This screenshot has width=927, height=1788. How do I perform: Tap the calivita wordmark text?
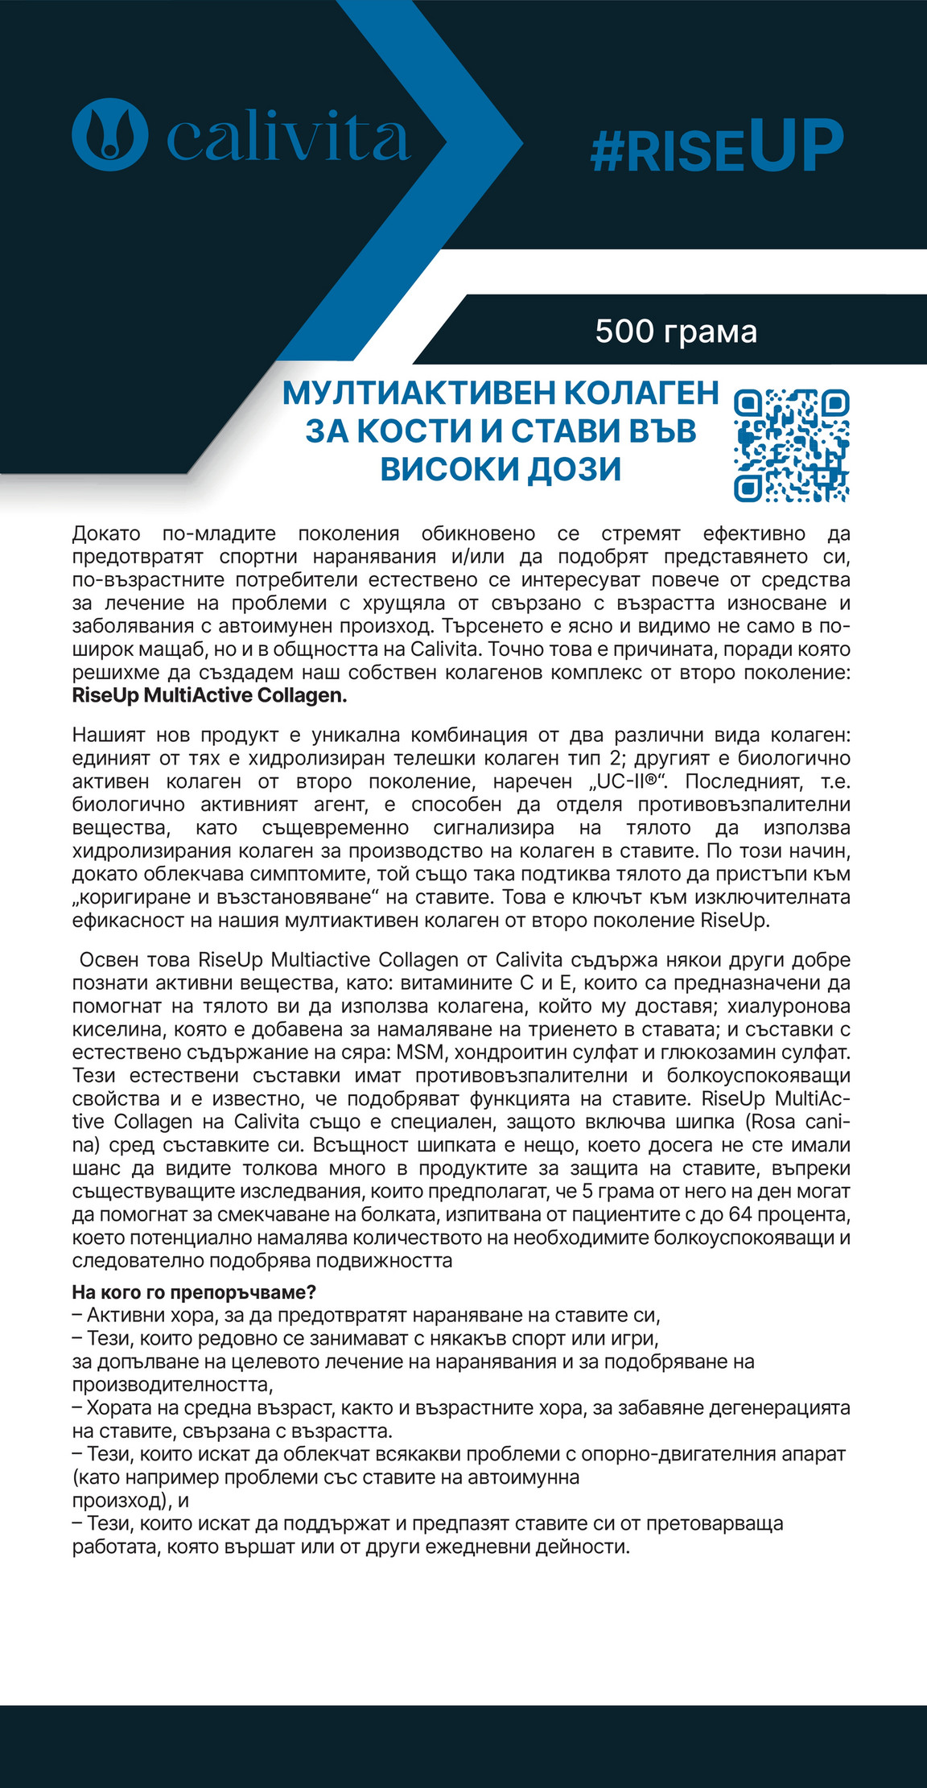pos(288,137)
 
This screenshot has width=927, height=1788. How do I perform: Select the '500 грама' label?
pos(676,332)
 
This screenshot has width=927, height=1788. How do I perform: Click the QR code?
pos(792,445)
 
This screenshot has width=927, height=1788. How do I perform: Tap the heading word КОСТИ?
pos(425,431)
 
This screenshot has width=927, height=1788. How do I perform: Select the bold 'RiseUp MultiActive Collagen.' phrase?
pos(209,695)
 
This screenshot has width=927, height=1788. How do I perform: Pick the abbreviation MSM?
pos(422,1053)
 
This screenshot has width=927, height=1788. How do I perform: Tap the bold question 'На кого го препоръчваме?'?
pos(194,1293)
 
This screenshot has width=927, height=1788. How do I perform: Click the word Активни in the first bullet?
pos(123,1316)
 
